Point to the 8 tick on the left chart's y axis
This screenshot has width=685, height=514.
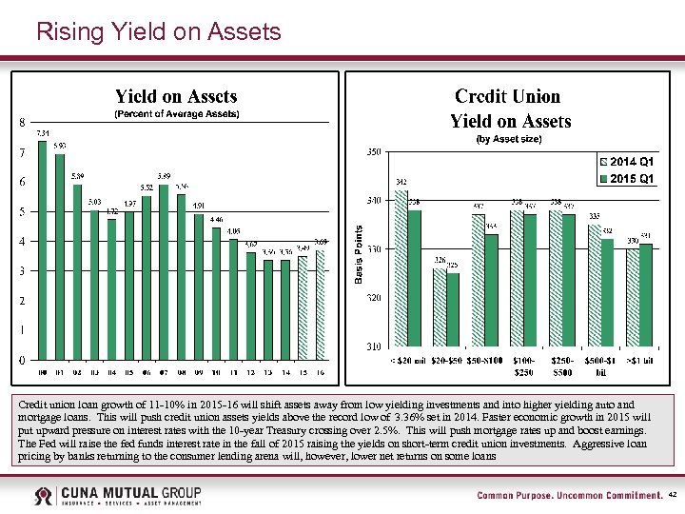[x=22, y=123]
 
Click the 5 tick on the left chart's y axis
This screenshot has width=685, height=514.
[x=22, y=211]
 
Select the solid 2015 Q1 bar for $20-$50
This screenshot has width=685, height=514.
[x=453, y=309]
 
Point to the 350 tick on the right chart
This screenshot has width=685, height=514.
[x=374, y=152]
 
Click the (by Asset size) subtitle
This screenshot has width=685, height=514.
[x=510, y=139]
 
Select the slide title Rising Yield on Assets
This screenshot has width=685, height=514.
[x=158, y=32]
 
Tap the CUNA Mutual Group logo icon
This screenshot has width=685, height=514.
[x=44, y=496]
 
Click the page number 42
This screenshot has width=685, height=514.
[x=672, y=496]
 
